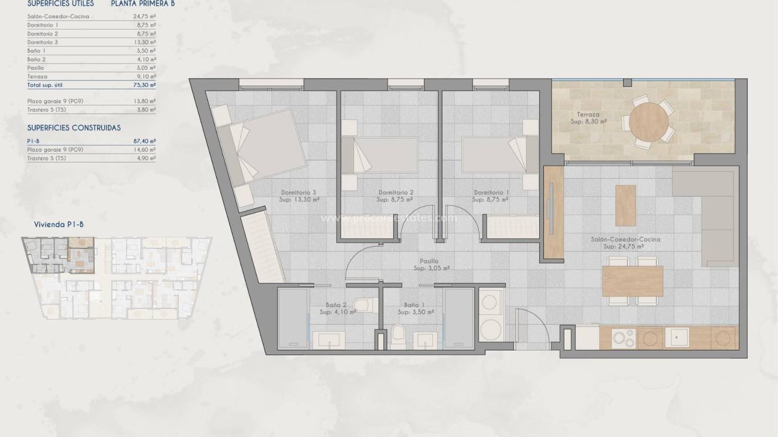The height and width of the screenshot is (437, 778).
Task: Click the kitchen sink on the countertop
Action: (679, 338)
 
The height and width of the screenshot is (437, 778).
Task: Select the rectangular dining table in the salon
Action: (632, 281)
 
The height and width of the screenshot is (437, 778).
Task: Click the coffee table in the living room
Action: (625, 205)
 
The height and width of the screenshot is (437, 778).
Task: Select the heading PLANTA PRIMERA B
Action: (142, 3)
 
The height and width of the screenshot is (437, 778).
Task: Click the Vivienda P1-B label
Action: (59, 225)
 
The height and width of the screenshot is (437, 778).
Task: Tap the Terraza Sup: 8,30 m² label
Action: (588, 118)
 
